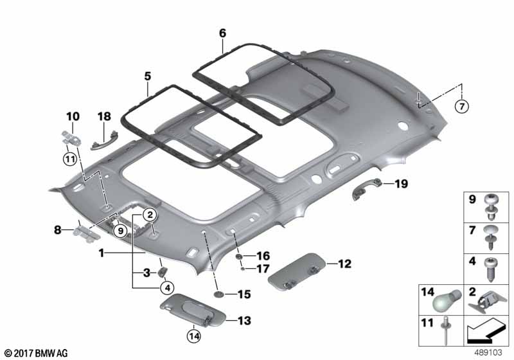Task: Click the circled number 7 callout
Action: click(x=461, y=106)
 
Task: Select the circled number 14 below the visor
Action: click(x=194, y=336)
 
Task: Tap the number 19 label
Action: click(x=401, y=184)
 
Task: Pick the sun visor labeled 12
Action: click(x=297, y=271)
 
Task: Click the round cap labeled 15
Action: click(x=218, y=294)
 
